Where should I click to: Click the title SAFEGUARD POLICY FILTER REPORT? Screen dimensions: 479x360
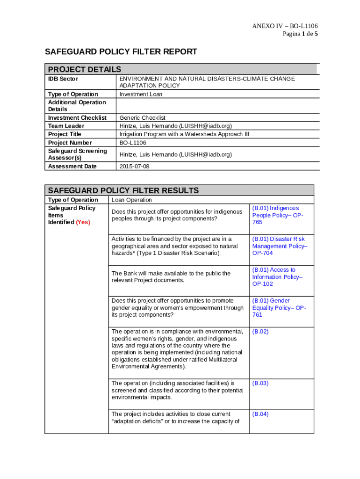coord(121,52)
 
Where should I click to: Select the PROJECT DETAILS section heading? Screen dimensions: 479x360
coord(85,69)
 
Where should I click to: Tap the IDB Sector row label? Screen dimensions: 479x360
coord(63,79)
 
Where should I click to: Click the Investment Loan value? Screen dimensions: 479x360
coord(141,94)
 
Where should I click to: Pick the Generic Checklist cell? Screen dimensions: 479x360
coord(143,118)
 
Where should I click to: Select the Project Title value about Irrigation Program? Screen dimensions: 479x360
coord(185,134)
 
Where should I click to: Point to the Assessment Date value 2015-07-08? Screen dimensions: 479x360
coord(135,166)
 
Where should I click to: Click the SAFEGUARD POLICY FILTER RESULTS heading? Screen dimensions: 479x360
coord(123,190)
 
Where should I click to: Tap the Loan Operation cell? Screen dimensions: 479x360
coord(131,200)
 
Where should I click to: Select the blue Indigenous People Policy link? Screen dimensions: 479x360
coord(278,215)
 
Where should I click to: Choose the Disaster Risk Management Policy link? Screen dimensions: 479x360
coord(280,246)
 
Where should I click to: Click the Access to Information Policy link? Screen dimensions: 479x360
coord(277,277)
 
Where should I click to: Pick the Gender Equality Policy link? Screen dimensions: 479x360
coord(279,308)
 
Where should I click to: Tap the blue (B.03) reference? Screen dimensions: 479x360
coord(260,383)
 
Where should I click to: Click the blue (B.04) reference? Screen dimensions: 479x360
coord(260,414)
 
